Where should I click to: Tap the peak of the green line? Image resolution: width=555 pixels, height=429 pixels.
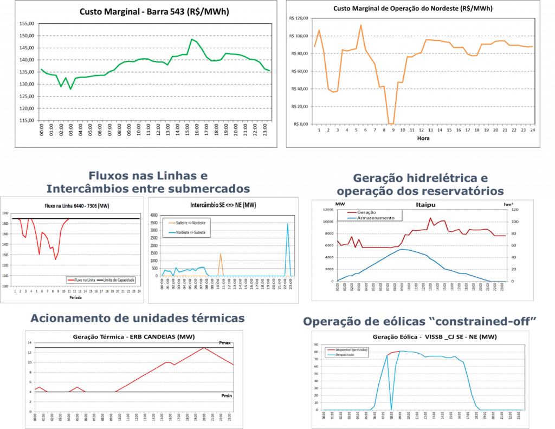[192, 39]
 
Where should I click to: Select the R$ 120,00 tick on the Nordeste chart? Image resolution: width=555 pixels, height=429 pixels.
[296, 18]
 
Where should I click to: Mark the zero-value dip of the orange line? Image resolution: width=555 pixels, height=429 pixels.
[390, 123]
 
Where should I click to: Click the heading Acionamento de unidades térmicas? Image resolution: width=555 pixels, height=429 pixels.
[138, 318]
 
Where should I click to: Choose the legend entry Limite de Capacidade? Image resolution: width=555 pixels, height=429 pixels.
[119, 279]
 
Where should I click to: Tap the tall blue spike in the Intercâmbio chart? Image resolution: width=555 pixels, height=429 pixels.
[288, 224]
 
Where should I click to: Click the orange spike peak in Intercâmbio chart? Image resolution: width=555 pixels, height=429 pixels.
[221, 253]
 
